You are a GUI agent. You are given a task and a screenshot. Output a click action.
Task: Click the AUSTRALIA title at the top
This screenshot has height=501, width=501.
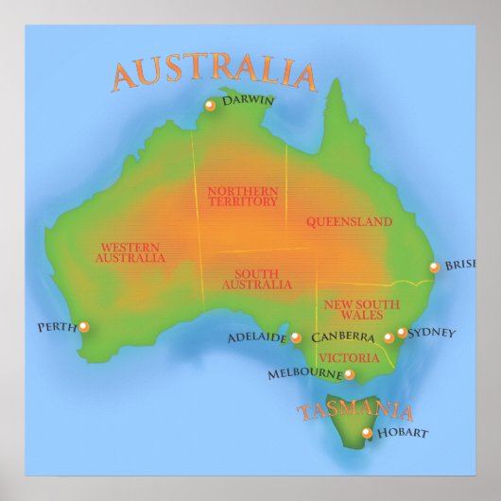coord(213,75)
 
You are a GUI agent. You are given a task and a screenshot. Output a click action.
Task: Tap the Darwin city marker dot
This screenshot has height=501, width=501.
coord(210,106)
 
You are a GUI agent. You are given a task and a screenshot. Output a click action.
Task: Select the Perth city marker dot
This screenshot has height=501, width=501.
coord(84,327)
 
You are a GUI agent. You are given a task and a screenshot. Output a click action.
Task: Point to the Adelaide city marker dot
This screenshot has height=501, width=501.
coord(296,337)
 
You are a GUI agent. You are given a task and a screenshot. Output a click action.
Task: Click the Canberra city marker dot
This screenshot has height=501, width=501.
coord(389,337)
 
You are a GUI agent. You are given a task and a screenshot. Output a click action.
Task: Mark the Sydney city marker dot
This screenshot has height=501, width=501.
coord(402,333)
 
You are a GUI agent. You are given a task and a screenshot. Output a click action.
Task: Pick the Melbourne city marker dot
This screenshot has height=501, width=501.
coord(349,375)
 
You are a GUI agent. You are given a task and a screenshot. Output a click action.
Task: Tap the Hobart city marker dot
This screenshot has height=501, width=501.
coord(368,433)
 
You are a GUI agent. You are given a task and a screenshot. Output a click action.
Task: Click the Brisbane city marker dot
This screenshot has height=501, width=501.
coord(434,268)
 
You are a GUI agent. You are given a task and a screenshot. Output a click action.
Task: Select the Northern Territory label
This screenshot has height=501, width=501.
coord(243,196)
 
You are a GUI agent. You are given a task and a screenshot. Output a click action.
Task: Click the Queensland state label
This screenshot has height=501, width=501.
coord(349,222)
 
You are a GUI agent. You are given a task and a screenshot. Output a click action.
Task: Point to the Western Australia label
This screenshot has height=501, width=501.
coord(131,252)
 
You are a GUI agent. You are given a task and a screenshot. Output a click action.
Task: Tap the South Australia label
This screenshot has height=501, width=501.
coord(257,279)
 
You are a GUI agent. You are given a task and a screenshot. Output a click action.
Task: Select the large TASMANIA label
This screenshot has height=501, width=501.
coord(355,411)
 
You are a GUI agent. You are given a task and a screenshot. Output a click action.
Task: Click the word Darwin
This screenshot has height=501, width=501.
coord(248,100)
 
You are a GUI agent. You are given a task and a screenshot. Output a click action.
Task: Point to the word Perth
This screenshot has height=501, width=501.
coord(57,328)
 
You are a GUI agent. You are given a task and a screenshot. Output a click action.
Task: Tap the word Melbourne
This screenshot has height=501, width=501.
coord(303,374)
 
